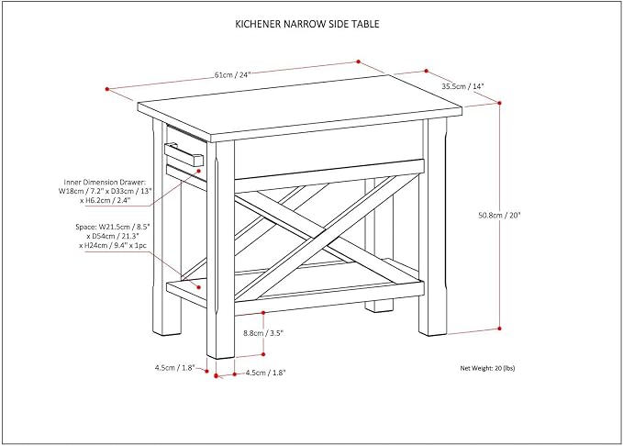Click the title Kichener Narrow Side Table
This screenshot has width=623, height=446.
[307, 24]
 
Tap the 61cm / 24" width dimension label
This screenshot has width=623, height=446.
[233, 74]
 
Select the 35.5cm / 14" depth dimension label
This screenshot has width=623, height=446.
[462, 86]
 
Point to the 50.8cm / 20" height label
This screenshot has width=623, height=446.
[499, 216]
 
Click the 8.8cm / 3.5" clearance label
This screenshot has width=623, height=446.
[262, 333]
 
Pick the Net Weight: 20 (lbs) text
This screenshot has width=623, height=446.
[487, 368]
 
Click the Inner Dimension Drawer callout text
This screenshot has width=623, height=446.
[105, 192]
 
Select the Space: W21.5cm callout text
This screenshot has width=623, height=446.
[113, 236]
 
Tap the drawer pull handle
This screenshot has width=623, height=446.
[184, 154]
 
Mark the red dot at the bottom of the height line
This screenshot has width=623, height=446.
[499, 329]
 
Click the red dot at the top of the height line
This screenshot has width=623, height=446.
[499, 103]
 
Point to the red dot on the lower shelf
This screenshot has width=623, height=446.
[199, 286]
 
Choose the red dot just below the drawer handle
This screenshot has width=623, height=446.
[199, 170]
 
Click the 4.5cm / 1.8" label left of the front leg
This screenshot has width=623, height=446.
[175, 368]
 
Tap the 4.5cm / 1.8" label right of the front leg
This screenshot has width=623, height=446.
[265, 373]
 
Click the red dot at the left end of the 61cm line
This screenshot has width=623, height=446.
[106, 89]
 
